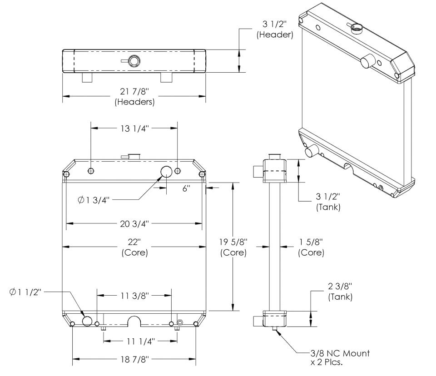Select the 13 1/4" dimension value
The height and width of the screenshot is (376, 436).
pyautogui.click(x=134, y=128)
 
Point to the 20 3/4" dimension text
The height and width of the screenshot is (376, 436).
pyautogui.click(x=134, y=223)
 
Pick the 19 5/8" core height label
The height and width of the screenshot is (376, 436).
pyautogui.click(x=233, y=247)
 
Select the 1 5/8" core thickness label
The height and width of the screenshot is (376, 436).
pyautogui.click(x=311, y=247)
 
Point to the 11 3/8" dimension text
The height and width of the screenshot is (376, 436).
pyautogui.click(x=134, y=295)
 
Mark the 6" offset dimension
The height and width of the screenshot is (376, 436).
pyautogui.click(x=186, y=188)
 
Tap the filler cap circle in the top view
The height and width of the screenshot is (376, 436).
pyautogui.click(x=134, y=61)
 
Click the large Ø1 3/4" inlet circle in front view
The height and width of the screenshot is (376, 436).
pyautogui.click(x=167, y=171)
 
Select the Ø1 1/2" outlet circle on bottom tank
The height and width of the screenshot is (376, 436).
pyautogui.click(x=87, y=321)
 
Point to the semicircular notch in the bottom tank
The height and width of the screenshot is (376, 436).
pyautogui.click(x=134, y=321)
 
